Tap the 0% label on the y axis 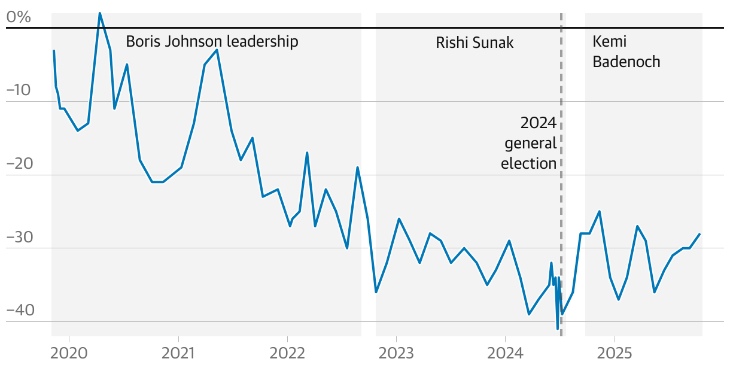click(x=18, y=17)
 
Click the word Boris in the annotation click(x=141, y=42)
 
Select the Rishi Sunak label click(x=474, y=42)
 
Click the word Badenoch click(x=626, y=62)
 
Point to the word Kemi click(x=610, y=42)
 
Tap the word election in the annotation click(x=529, y=163)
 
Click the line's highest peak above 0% click(x=99, y=13)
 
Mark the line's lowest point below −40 click(x=558, y=329)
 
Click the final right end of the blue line click(x=699, y=234)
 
